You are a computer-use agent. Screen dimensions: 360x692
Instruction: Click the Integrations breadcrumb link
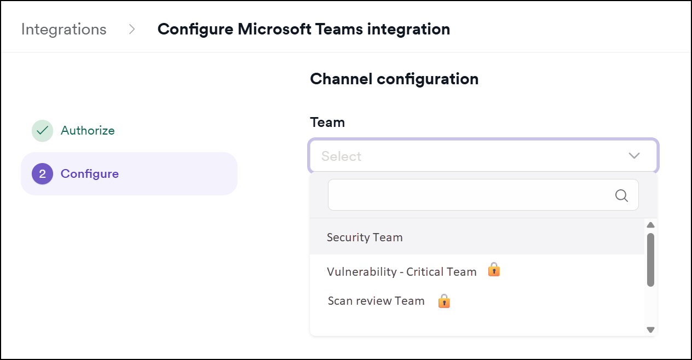click(x=64, y=29)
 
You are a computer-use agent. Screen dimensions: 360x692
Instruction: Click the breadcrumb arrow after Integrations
click(x=132, y=29)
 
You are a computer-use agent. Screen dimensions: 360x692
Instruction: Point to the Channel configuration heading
click(x=394, y=79)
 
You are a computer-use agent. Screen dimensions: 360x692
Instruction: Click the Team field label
click(x=327, y=122)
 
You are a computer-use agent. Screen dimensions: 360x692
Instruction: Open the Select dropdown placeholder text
click(x=341, y=156)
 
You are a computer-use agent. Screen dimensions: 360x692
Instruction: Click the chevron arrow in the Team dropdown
click(x=634, y=156)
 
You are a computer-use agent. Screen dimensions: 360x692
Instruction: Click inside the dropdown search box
click(x=471, y=195)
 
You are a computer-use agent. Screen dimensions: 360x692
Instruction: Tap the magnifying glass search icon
click(x=621, y=195)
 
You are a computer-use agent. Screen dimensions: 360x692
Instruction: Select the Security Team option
click(x=365, y=237)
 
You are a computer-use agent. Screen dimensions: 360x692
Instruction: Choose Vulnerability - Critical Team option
click(x=401, y=272)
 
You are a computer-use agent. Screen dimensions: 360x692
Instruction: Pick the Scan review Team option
click(x=376, y=301)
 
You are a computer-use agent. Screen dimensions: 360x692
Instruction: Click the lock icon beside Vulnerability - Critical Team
click(x=494, y=270)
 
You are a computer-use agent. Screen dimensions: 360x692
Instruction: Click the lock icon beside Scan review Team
click(x=444, y=301)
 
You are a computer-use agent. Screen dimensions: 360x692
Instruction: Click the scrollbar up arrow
click(x=650, y=225)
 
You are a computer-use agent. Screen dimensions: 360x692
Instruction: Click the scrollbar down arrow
click(x=650, y=329)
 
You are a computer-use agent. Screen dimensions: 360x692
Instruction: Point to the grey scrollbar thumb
click(x=650, y=260)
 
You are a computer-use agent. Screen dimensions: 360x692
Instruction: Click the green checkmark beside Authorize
click(x=42, y=131)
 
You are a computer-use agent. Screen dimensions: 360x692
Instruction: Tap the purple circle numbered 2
click(x=42, y=174)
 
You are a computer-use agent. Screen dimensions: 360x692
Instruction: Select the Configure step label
click(x=90, y=174)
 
